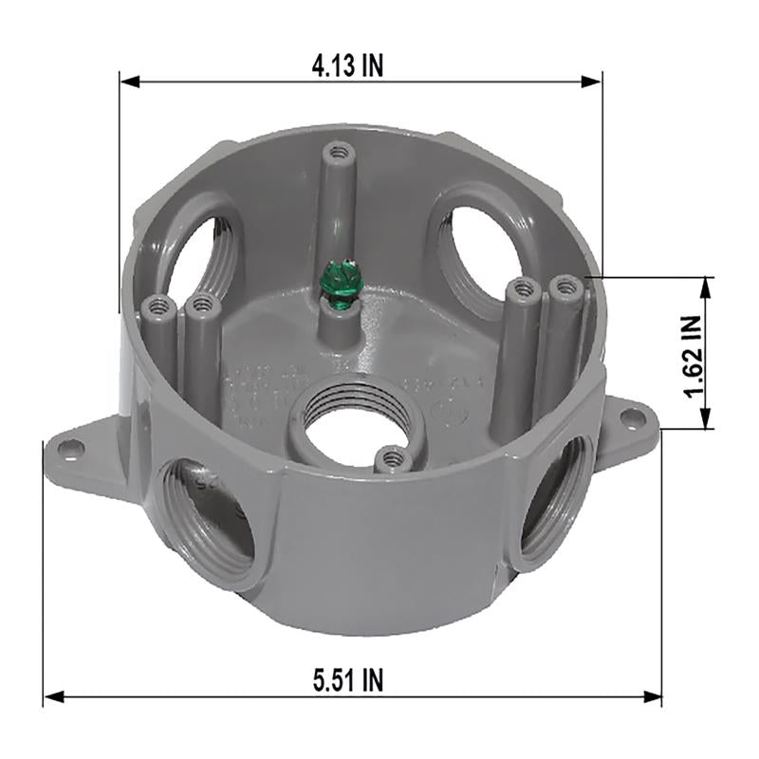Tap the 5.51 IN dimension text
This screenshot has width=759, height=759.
(x=348, y=679)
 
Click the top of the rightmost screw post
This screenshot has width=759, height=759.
(x=566, y=283)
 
